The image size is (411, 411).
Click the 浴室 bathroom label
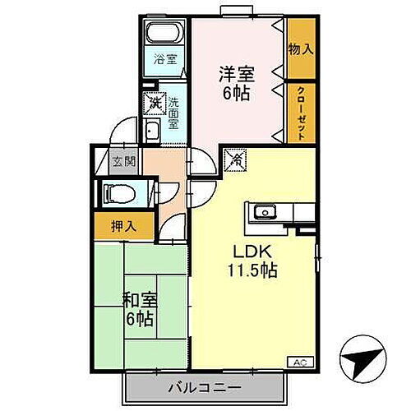coord(165,58)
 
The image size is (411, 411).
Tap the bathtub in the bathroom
coord(164,35)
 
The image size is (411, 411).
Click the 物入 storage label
coord(300,49)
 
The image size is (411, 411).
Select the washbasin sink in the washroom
coord(154,132)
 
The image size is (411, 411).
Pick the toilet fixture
coord(115,194)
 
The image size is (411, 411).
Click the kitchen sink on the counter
coord(264,213)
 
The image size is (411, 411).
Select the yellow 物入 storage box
coord(300,49)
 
